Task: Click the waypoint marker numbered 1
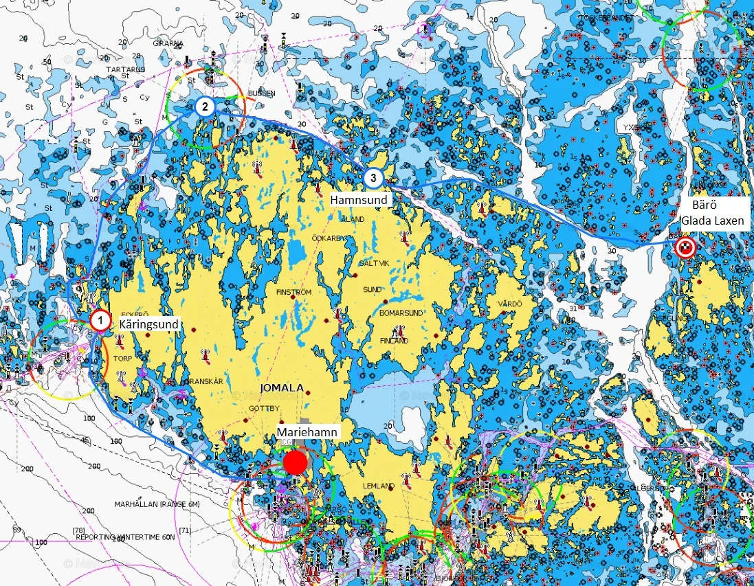pos(100,320)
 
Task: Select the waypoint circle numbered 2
pos(204,106)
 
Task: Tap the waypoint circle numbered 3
pos(373,178)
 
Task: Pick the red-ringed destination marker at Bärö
pos(685,248)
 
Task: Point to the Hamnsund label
pos(359,200)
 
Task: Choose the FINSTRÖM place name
pos(293,292)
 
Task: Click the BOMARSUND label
pos(401,313)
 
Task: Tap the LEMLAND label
pos(379,486)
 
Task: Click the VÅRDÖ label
pos(510,304)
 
